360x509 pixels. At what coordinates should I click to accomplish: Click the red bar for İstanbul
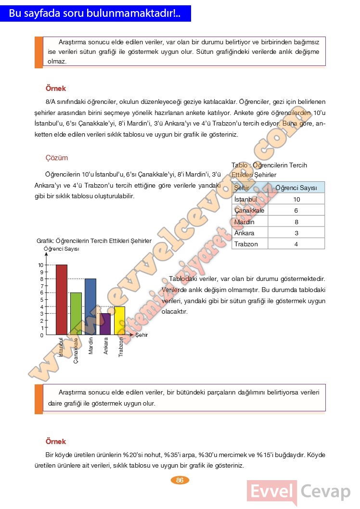[62, 299]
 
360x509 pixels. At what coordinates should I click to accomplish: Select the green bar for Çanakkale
[76, 313]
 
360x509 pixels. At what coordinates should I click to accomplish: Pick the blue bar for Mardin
[90, 306]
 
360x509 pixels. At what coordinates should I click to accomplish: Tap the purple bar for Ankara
[105, 324]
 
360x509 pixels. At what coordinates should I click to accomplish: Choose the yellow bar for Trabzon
[119, 320]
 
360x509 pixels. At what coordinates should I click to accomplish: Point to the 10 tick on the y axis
[41, 265]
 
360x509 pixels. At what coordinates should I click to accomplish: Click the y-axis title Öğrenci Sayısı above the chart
[62, 249]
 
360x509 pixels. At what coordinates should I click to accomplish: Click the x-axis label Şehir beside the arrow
[141, 335]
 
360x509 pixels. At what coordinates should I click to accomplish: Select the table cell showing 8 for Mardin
[296, 222]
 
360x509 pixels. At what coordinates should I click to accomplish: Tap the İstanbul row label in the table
[246, 199]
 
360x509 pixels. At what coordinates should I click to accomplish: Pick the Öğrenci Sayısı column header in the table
[296, 188]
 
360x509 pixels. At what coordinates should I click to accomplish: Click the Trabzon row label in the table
[246, 244]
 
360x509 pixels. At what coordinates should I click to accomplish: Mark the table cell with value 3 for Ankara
[296, 233]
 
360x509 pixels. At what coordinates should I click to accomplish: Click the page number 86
[180, 480]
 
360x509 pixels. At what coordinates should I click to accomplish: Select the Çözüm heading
[57, 158]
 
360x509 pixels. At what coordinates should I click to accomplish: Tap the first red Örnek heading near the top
[56, 89]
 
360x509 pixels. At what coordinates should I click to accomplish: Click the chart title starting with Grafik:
[94, 241]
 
